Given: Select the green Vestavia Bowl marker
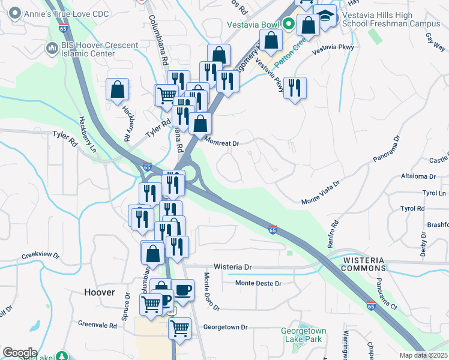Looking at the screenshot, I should [288, 25].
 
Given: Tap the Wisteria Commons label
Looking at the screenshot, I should [367, 263].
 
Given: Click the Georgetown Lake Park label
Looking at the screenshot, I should [304, 335].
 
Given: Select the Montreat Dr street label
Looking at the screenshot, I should [222, 143].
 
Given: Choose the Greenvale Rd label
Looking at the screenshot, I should [97, 324].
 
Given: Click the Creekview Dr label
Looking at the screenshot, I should [41, 255].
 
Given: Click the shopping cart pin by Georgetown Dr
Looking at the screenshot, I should [179, 328].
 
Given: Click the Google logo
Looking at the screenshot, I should [20, 353].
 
